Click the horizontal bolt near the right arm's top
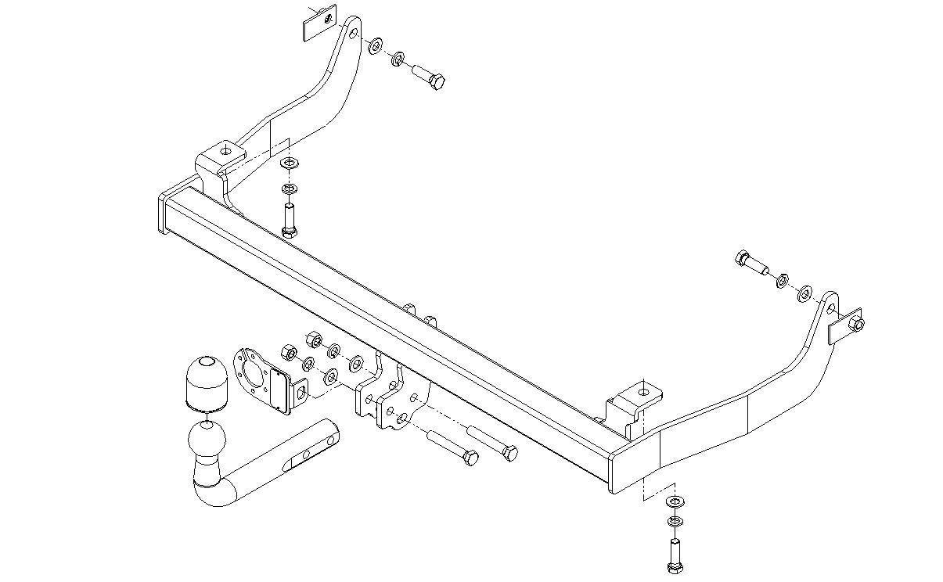coord(750,263)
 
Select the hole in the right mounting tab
coord(643,390)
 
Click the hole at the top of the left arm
coord(353,34)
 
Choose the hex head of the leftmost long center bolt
coord(470,458)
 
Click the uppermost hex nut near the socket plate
coord(311,339)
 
